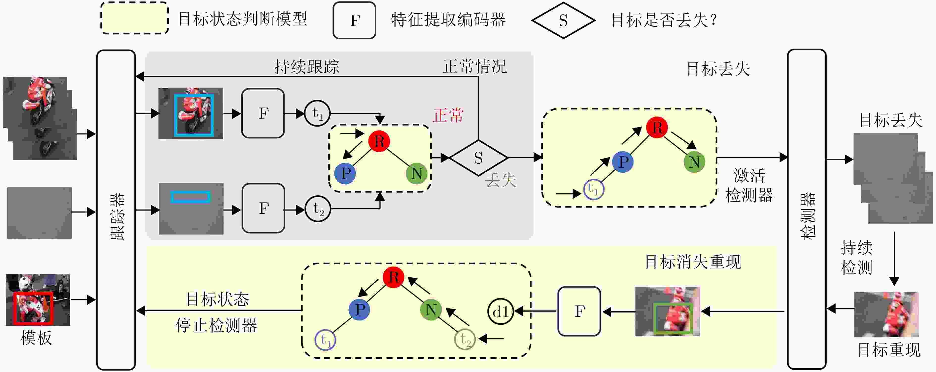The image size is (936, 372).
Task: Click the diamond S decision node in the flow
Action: coord(478,158)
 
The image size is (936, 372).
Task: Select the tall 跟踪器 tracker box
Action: coord(116,210)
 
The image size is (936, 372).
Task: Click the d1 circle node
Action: coord(500,311)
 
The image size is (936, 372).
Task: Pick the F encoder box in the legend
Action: coord(354,20)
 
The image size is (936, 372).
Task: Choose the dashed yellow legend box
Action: coord(134,18)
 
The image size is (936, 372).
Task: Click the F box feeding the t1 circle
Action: coord(263,113)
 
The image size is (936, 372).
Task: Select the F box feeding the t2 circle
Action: coord(263,208)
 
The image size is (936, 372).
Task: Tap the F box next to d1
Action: coord(579,311)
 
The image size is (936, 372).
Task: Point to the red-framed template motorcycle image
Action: coord(38,300)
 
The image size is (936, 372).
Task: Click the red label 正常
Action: coord(448,115)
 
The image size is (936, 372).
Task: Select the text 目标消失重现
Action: coord(693,262)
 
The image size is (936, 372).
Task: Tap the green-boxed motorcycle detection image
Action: coord(668,311)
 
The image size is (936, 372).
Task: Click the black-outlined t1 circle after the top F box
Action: coord(317,113)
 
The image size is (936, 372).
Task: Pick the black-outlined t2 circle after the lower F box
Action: coord(318,209)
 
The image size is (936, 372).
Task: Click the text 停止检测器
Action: coord(217,325)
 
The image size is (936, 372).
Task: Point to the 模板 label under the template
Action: coord(36,338)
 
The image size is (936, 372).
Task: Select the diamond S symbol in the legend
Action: coord(563,20)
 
